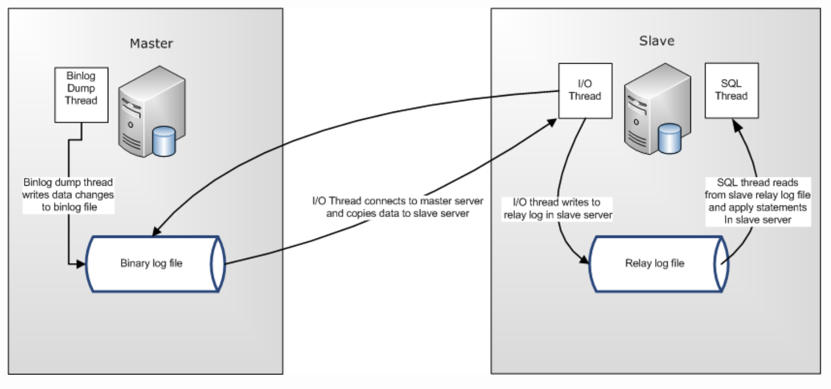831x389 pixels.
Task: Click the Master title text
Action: tap(151, 43)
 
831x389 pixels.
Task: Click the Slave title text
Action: tap(657, 41)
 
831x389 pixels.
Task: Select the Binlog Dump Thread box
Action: tap(81, 95)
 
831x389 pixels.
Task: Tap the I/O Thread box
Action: tap(585, 91)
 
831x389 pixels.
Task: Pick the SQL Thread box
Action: tap(732, 90)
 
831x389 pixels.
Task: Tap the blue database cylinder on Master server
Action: tap(164, 141)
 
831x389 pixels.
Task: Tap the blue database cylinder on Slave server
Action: tap(669, 139)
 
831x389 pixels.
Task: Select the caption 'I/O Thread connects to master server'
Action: tap(397, 201)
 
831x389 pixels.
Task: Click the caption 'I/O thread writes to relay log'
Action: tap(557, 209)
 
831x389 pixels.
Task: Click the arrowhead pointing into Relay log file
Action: tap(584, 262)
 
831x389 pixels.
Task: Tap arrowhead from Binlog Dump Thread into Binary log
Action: tap(82, 264)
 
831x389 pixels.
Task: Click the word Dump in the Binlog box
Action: tap(81, 88)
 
